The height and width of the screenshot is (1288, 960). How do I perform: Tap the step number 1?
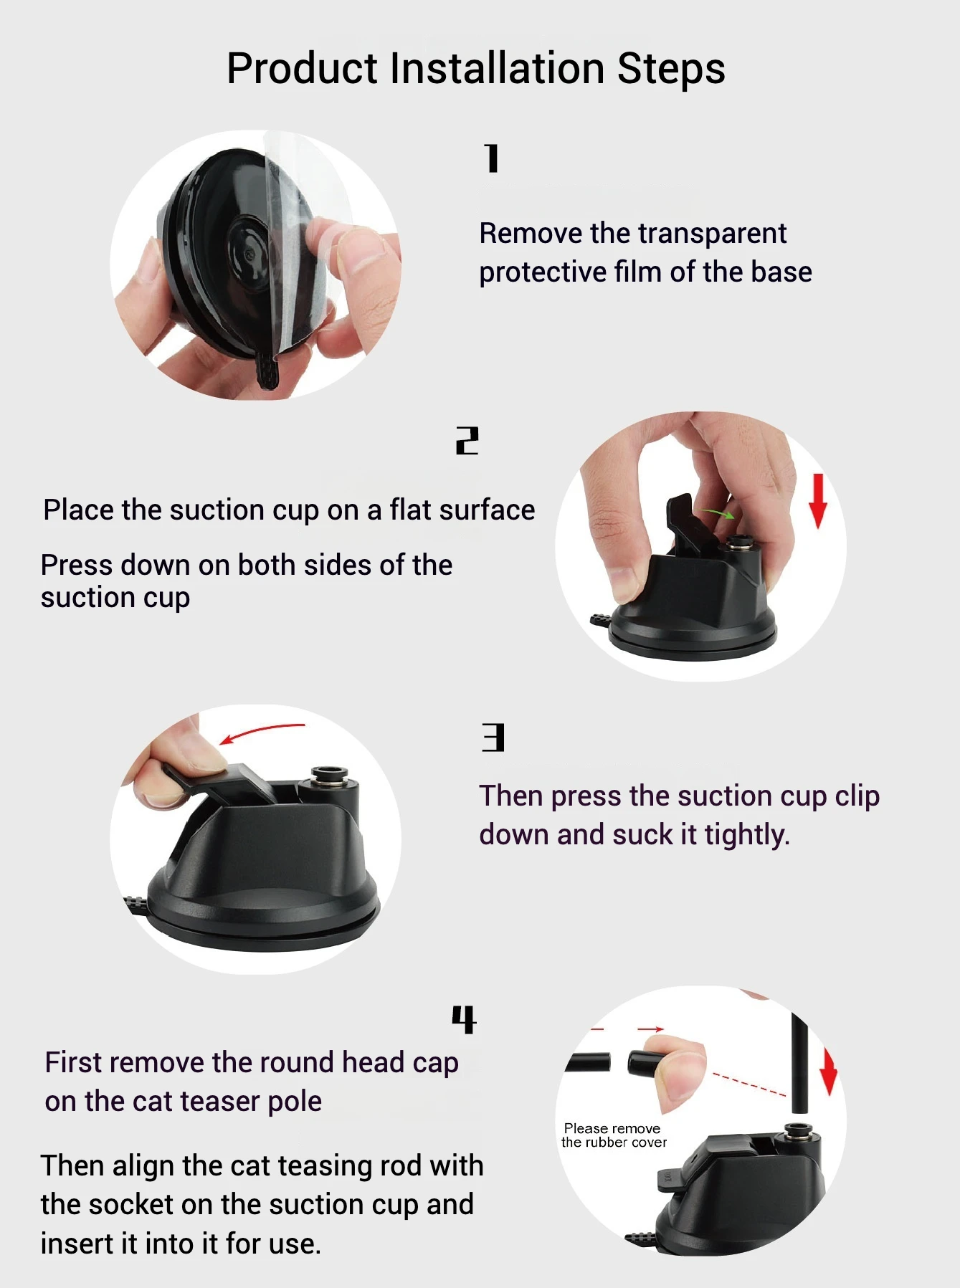click(491, 158)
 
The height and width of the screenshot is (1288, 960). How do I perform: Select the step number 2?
click(467, 441)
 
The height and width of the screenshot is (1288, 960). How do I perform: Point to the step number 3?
click(493, 738)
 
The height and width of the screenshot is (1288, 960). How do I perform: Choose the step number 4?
click(464, 1019)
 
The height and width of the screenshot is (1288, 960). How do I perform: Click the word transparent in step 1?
click(712, 234)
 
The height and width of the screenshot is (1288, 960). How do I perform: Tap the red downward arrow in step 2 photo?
click(818, 501)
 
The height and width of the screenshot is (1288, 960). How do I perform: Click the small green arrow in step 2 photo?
click(718, 513)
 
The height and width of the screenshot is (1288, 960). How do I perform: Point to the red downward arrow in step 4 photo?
click(829, 1072)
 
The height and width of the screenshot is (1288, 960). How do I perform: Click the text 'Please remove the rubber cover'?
click(614, 1135)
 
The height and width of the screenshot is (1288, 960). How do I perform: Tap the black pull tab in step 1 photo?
click(267, 370)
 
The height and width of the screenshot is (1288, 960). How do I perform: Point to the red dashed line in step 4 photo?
click(748, 1084)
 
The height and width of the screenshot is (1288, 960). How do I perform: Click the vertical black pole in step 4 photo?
click(799, 1062)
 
